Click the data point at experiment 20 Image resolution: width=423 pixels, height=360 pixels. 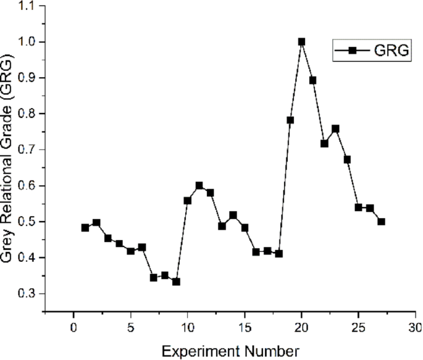point(301,42)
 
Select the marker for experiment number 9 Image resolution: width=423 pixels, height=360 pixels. point(176,282)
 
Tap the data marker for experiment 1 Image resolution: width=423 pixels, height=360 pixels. point(85,227)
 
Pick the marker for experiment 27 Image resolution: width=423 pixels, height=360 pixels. point(381,222)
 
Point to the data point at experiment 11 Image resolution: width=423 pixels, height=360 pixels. point(199,185)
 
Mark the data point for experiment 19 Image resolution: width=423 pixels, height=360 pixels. point(290,120)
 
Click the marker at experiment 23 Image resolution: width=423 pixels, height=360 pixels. point(335,129)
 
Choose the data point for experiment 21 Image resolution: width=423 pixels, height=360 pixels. point(313,80)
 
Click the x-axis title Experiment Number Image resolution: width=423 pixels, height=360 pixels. point(230,351)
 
